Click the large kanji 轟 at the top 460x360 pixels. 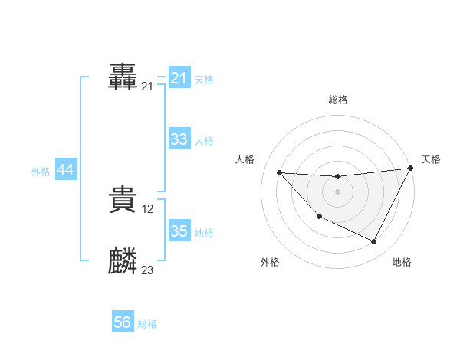123,78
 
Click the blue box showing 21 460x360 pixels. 179,78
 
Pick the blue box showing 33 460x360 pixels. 179,139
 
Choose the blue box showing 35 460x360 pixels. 179,231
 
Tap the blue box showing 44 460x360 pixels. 65,170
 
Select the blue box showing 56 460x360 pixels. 122,322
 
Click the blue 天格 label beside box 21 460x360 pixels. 204,79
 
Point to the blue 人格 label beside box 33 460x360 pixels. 204,140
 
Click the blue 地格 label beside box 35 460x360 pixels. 204,232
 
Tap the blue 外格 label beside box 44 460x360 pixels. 41,172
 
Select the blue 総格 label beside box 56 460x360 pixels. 147,324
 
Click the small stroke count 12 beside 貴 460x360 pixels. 149,208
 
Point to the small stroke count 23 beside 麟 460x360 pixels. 147,270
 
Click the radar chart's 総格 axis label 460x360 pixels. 337,100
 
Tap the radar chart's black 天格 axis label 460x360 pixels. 431,159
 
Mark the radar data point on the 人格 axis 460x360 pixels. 279,172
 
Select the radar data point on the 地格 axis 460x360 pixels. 373,242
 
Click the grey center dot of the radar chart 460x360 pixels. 337,191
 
